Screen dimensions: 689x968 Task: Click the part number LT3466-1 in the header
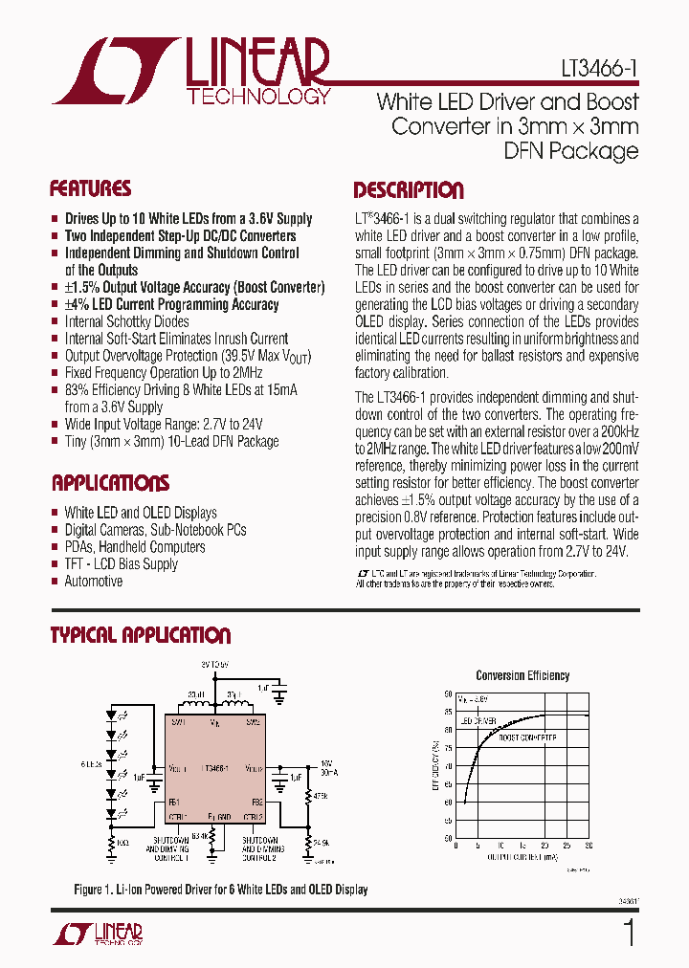[x=599, y=71]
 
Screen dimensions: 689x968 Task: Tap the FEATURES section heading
[x=90, y=188]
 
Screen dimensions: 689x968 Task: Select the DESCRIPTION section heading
[x=409, y=190]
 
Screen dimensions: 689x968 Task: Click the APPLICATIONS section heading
[x=110, y=483]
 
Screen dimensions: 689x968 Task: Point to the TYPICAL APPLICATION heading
[x=140, y=635]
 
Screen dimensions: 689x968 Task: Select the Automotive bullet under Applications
[x=93, y=582]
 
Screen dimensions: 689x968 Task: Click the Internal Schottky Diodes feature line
[x=126, y=321]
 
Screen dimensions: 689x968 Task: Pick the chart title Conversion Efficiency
[x=522, y=675]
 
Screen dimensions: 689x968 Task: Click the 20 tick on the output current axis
[x=545, y=846]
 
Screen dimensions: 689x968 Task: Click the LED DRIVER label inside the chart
[x=478, y=719]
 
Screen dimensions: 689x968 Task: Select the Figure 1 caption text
[x=221, y=890]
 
